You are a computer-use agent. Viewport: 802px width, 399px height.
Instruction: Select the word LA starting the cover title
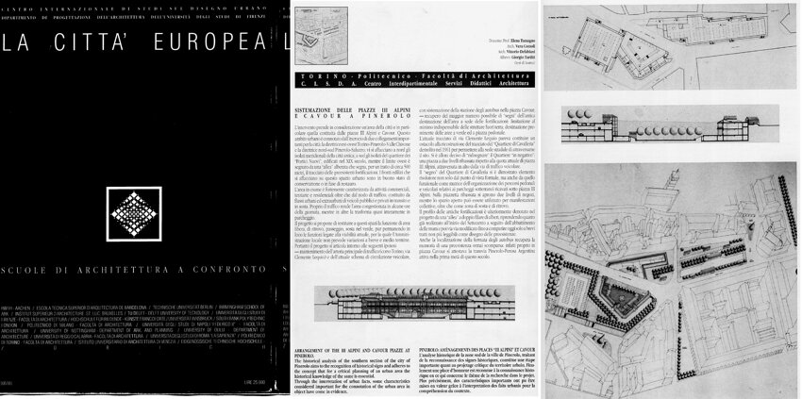coord(22,42)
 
